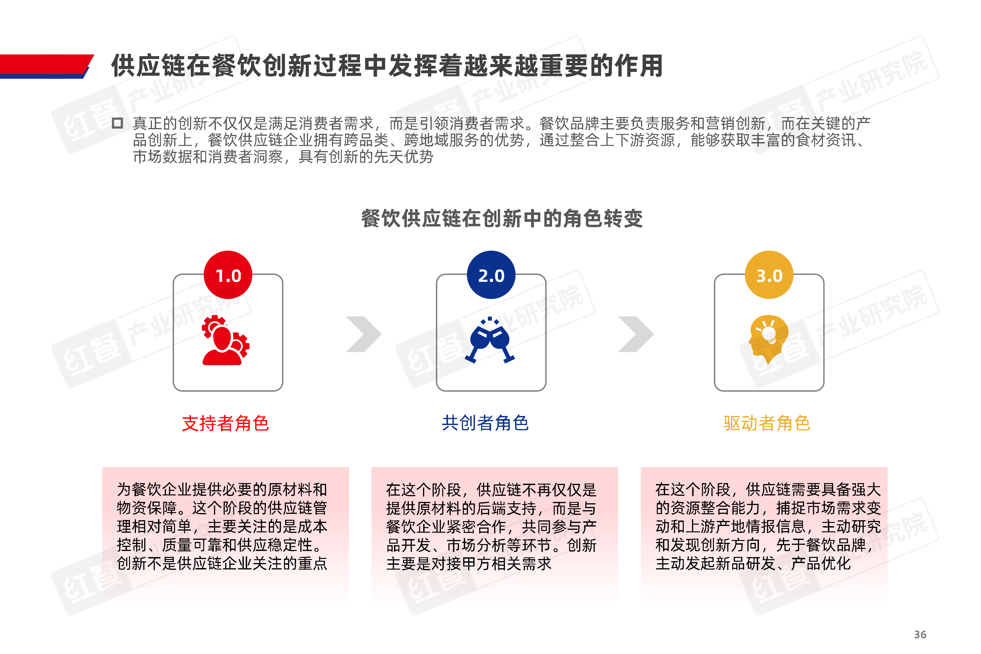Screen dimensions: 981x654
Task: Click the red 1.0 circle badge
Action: [x=228, y=275]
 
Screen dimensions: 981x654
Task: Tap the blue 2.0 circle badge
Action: [x=491, y=275]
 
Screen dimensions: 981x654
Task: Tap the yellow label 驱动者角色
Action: [x=767, y=423]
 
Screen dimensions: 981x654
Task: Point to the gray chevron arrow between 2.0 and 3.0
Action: [x=636, y=334]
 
